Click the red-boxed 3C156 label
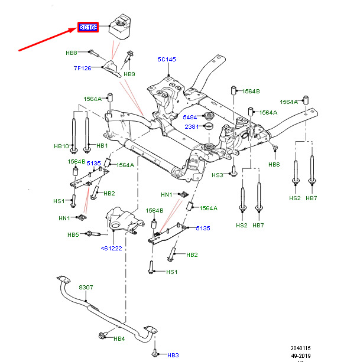point(87,27)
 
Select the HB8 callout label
point(72,53)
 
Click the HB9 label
point(129,74)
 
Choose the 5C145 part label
point(168,59)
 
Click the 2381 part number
point(190,126)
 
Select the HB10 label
point(62,146)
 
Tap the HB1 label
point(102,146)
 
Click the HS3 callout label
point(218,175)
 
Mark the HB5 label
point(73,235)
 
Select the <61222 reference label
point(112,249)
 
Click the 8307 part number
point(86,288)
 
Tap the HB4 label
point(119,339)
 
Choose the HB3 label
point(173,355)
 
